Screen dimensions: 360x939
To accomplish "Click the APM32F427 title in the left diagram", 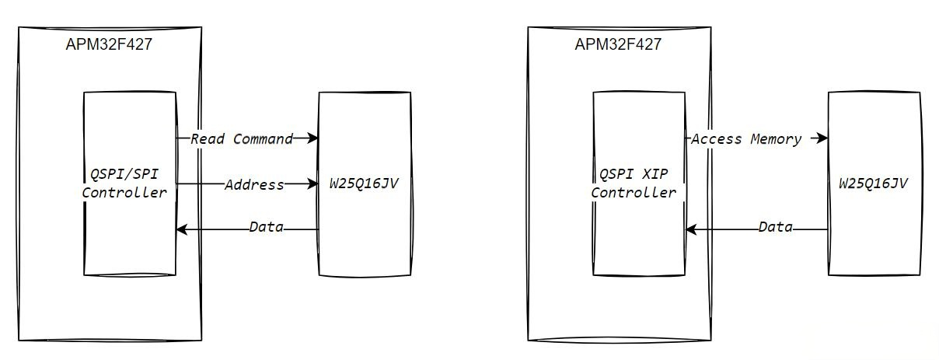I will point(109,44).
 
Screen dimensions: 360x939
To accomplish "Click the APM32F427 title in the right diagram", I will point(618,44).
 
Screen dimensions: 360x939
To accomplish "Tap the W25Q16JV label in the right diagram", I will point(874,184).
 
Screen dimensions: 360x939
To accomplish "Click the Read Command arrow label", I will point(242,139).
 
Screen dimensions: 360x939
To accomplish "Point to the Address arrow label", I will point(254,185).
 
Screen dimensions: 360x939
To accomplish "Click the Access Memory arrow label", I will point(746,139).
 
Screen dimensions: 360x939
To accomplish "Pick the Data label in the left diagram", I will point(266,228).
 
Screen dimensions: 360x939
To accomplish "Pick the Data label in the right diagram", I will point(775,228).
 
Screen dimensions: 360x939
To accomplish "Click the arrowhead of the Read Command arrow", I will point(313,138).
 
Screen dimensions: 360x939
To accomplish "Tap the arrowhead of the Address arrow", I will point(313,184).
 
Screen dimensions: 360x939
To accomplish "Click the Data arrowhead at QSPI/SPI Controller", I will point(181,229).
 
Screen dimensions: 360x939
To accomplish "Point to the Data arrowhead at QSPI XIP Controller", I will point(690,229).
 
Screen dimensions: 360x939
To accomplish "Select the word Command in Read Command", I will point(263,139).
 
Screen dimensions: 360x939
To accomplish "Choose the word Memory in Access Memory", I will point(776,139).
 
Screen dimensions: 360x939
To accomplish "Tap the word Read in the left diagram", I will point(208,139).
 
